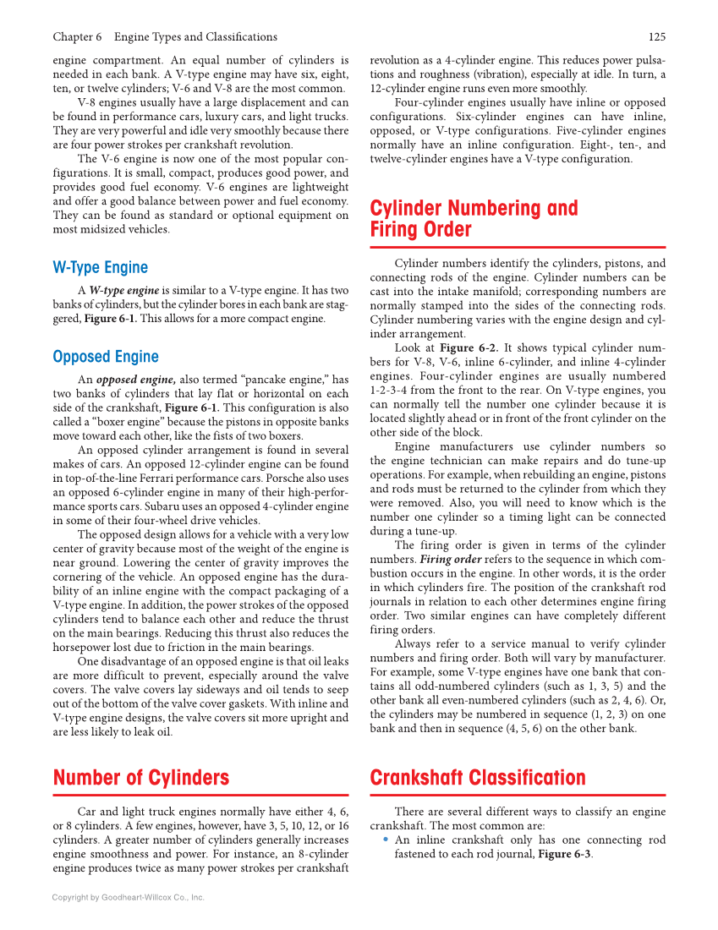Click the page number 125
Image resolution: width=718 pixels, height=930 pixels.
(x=656, y=36)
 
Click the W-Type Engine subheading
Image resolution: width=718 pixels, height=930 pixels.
(x=100, y=267)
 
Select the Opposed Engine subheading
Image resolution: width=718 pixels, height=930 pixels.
(x=106, y=357)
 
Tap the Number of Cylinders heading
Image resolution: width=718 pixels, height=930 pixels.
(x=141, y=777)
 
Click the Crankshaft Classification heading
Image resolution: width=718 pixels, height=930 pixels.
(x=478, y=777)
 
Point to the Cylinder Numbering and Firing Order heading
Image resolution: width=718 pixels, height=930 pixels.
(x=474, y=219)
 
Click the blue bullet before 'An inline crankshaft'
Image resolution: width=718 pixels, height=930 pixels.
(x=386, y=840)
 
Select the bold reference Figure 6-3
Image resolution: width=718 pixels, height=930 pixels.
(x=564, y=854)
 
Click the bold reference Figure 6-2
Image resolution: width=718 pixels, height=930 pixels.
(x=469, y=347)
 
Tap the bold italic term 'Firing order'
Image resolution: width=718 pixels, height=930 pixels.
(x=451, y=559)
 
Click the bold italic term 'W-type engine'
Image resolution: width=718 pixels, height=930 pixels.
(x=124, y=290)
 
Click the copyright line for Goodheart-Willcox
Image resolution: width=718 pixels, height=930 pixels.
(x=129, y=897)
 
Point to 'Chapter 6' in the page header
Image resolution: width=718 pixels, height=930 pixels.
(x=77, y=36)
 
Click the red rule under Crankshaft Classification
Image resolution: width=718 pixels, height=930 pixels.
(x=518, y=795)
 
